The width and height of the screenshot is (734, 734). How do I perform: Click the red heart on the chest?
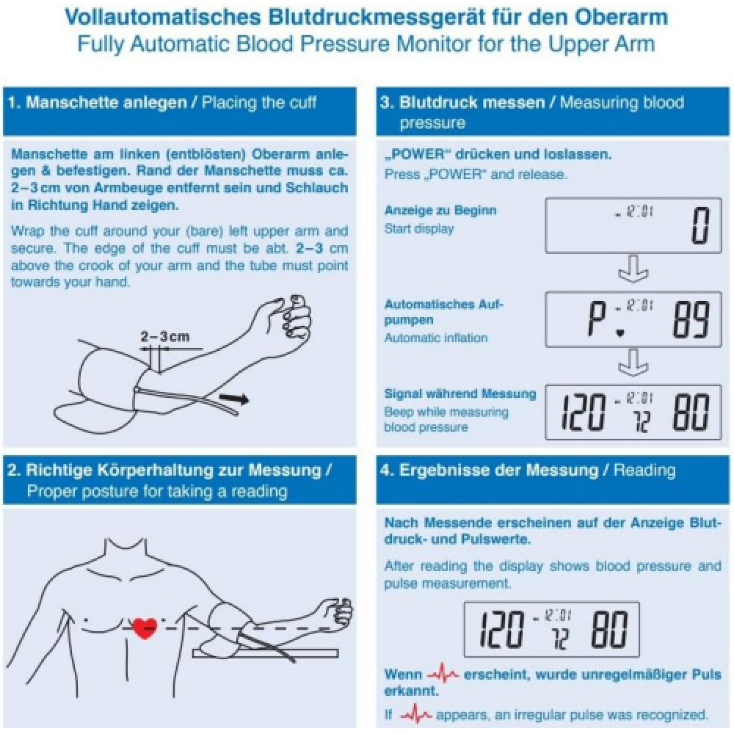click(x=144, y=628)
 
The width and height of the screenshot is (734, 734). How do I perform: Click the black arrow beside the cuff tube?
click(x=236, y=399)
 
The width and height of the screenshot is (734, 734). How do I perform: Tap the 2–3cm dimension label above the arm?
click(x=164, y=337)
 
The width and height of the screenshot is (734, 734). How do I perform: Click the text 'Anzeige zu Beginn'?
click(x=440, y=210)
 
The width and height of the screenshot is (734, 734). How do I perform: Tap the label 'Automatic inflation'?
click(x=436, y=338)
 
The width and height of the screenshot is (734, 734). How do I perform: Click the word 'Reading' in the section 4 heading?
click(x=644, y=470)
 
